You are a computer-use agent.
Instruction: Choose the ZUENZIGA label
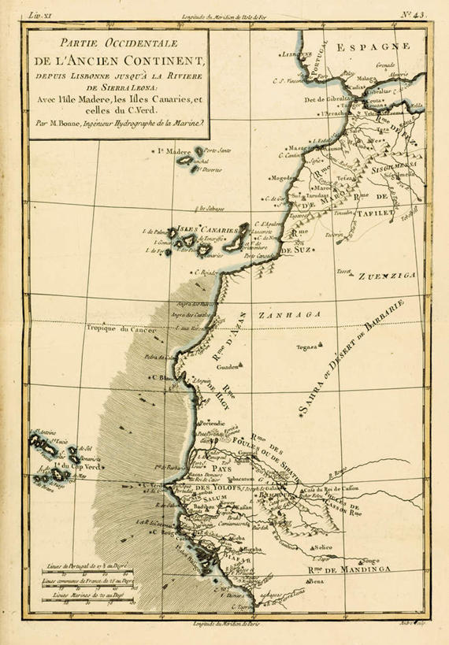pyautogui.click(x=386, y=277)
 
